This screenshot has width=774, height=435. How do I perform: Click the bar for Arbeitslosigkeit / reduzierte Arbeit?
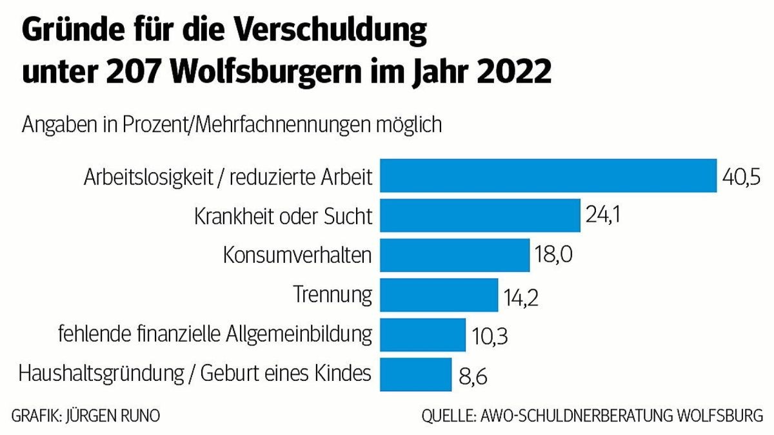tap(548, 175)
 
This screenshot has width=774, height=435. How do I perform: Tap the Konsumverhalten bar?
tap(454, 255)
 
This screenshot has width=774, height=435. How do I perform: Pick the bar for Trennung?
tap(439, 295)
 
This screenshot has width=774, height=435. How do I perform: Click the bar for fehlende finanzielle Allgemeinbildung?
tap(422, 335)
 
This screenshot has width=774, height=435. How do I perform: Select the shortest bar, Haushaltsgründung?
tap(415, 374)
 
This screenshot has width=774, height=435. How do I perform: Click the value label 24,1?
tap(603, 216)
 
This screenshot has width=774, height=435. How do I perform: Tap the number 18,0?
tap(553, 256)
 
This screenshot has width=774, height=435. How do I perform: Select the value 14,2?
tap(521, 297)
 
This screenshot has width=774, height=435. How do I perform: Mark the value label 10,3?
tap(488, 336)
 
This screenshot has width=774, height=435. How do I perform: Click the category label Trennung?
tap(333, 295)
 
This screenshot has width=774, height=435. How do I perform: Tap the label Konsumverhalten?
tap(297, 255)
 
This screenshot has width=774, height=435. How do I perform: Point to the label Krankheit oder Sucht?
tap(283, 216)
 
